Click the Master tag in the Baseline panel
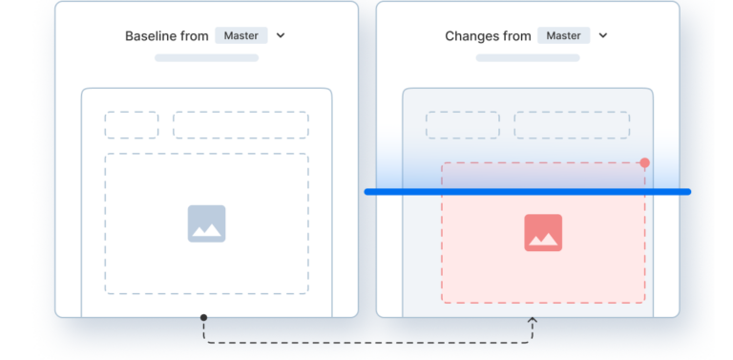(x=241, y=36)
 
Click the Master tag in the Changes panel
(x=562, y=36)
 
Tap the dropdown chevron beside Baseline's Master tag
(x=281, y=36)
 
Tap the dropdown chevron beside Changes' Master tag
(x=603, y=36)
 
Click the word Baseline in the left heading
(x=152, y=36)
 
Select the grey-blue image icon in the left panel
(x=206, y=223)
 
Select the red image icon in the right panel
(x=542, y=233)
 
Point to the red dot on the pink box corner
(x=645, y=163)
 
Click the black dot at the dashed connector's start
(x=203, y=318)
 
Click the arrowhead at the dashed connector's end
(x=533, y=322)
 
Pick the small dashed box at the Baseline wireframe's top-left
(x=131, y=125)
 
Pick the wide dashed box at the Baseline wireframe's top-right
(x=241, y=125)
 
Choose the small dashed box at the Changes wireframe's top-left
(x=462, y=125)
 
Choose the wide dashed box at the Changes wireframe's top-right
(x=572, y=125)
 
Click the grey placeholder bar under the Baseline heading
(x=206, y=58)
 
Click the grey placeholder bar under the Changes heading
(x=528, y=58)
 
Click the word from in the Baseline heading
(x=195, y=36)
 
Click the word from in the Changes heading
(x=516, y=36)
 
